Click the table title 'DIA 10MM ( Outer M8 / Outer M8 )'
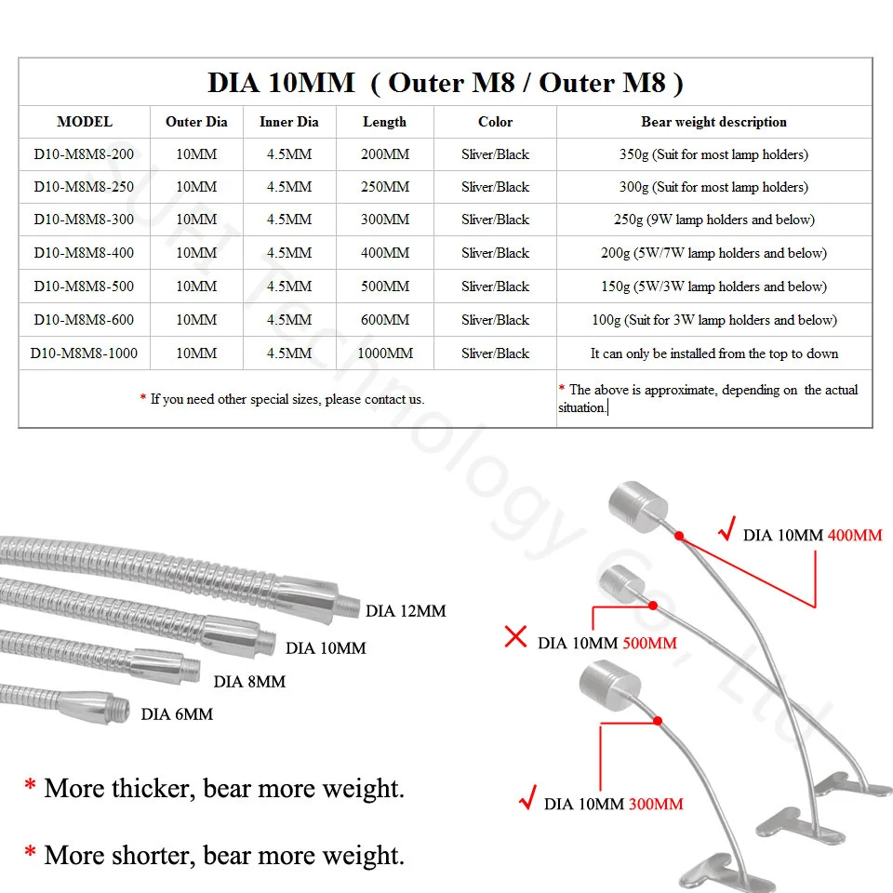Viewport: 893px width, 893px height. click(446, 83)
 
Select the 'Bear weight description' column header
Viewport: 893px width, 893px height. click(713, 122)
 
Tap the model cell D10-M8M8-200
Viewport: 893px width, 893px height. click(84, 154)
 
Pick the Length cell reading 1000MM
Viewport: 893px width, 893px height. click(385, 353)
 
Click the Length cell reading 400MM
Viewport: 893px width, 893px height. click(385, 253)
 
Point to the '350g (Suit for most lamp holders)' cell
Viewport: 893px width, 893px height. click(713, 154)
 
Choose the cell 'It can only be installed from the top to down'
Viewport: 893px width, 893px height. click(713, 353)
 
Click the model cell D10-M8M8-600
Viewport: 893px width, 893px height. click(84, 320)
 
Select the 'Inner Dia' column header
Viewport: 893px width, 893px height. click(288, 122)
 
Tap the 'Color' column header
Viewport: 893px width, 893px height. click(495, 122)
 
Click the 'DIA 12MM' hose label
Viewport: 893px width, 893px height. click(406, 611)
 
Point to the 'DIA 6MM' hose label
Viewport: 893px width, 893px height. click(177, 714)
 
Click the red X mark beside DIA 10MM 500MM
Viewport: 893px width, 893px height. click(515, 638)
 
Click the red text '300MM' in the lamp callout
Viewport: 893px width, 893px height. click(656, 804)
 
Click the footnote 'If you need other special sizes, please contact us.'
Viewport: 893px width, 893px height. click(287, 399)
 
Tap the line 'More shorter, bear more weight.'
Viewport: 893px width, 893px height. click(223, 854)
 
